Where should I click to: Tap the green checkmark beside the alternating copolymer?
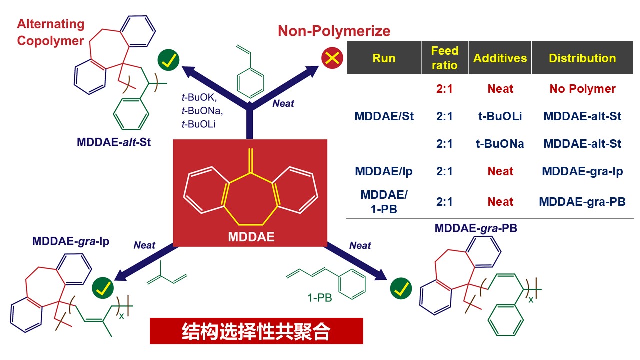(x=169, y=60)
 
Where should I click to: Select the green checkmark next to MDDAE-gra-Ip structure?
(x=103, y=288)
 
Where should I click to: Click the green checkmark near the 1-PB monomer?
(x=401, y=288)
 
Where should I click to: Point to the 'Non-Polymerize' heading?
(x=334, y=31)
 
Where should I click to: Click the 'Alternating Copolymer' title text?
(x=51, y=32)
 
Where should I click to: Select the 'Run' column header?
(x=384, y=58)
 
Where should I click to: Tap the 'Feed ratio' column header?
(x=444, y=58)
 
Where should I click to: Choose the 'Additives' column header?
(x=500, y=58)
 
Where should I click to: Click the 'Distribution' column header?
(x=582, y=58)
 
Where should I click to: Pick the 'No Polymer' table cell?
(x=582, y=89)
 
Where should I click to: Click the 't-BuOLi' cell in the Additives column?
(x=500, y=116)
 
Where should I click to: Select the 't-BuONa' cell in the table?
(x=500, y=144)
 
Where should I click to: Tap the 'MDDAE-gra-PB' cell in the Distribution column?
(x=582, y=202)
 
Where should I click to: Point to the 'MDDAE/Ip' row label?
(x=384, y=171)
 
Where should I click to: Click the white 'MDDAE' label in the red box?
(x=251, y=236)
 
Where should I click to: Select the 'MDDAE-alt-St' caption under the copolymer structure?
(x=114, y=142)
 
